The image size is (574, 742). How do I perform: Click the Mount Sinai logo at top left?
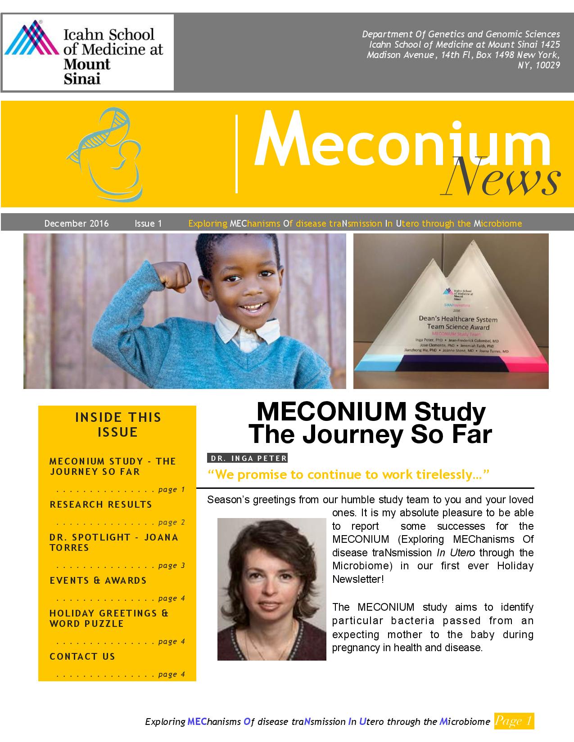pos(87,52)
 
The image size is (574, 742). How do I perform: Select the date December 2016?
pos(77,223)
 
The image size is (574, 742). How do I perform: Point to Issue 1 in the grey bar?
pos(148,223)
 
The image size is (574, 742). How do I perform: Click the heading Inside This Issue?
pos(118,425)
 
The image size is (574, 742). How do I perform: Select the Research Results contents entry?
pos(101,505)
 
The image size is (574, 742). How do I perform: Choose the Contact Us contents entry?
pos(82,657)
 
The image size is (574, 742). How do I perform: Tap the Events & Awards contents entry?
pos(98,581)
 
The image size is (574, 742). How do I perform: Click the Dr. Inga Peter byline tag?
pos(247,458)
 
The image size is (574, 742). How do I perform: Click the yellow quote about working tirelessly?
pos(348,475)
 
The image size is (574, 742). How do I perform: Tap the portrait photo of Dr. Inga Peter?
pos(271,589)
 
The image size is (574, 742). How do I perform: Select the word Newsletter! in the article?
pos(358,579)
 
